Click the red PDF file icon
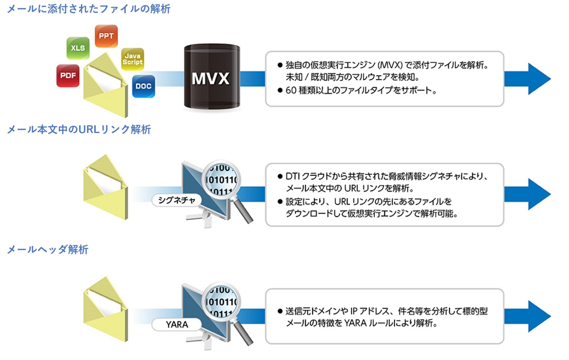(x=68, y=76)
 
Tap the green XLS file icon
(x=78, y=48)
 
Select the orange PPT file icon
(x=106, y=36)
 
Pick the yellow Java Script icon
(x=133, y=59)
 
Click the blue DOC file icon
(x=143, y=86)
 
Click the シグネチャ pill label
(x=176, y=200)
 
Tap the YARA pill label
(x=177, y=324)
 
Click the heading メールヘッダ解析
(x=48, y=249)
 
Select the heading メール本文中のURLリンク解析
(x=79, y=129)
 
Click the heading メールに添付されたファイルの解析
(x=89, y=9)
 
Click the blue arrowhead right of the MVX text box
(x=538, y=79)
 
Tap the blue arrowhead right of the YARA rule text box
(x=538, y=316)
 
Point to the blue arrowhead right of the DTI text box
(x=538, y=194)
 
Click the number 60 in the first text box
(x=291, y=90)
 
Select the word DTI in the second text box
(x=292, y=176)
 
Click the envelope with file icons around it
(x=106, y=86)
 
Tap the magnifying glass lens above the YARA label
(x=221, y=302)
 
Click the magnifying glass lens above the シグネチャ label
(x=221, y=180)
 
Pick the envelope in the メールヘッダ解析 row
(x=106, y=310)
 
